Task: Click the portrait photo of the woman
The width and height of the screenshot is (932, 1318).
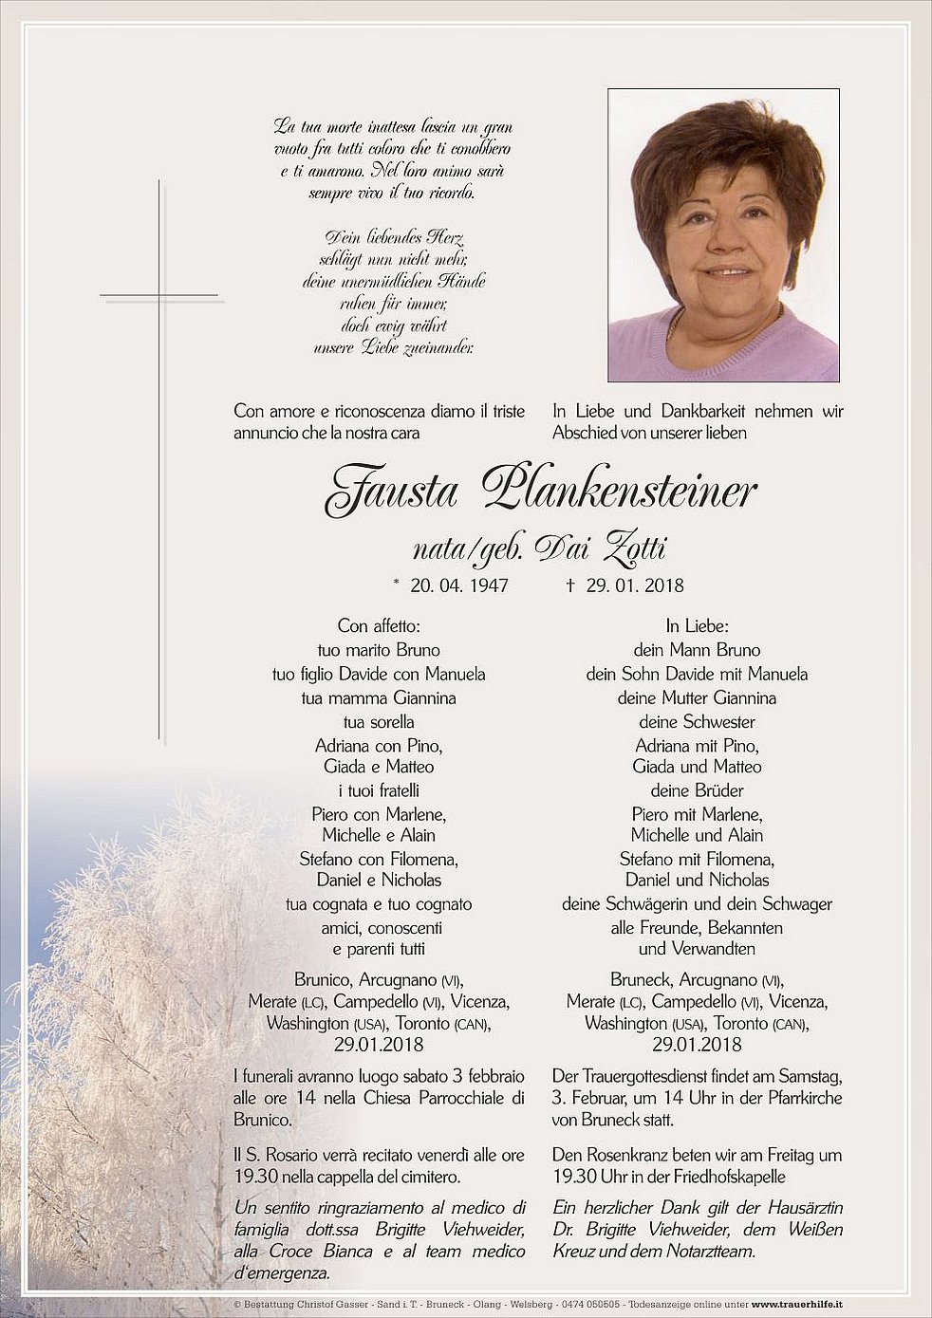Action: tap(723, 235)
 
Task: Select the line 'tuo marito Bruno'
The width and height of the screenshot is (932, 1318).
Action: tap(379, 650)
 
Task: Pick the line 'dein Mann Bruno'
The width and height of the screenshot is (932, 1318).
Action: tap(697, 650)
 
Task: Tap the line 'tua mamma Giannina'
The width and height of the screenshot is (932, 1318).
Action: tap(379, 697)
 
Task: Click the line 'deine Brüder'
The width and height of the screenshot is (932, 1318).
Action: tap(697, 790)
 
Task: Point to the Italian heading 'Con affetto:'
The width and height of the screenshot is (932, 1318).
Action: tap(379, 626)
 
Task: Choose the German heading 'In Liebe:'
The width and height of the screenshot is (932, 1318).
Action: tap(697, 626)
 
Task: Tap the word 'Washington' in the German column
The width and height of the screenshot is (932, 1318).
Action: tap(626, 1024)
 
